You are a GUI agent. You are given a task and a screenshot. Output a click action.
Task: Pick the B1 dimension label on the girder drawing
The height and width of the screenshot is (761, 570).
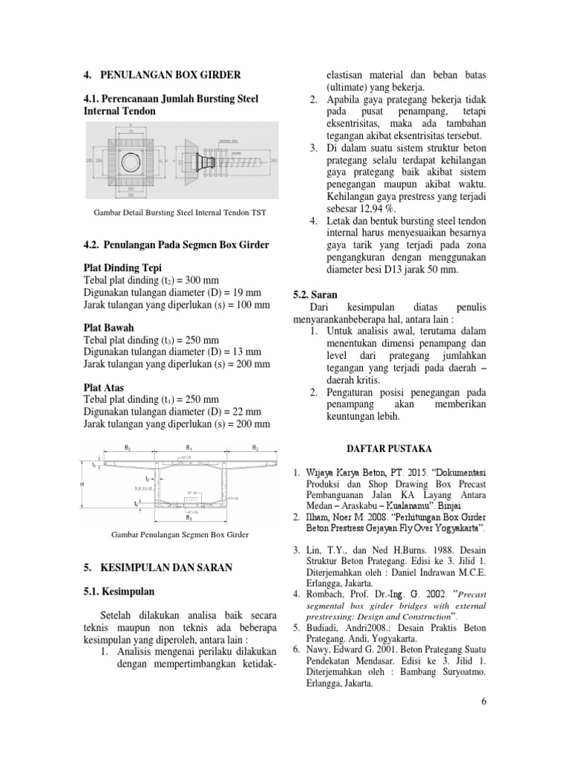tap(190, 449)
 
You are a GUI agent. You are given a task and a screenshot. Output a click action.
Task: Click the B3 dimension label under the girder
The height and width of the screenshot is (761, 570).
tap(189, 518)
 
